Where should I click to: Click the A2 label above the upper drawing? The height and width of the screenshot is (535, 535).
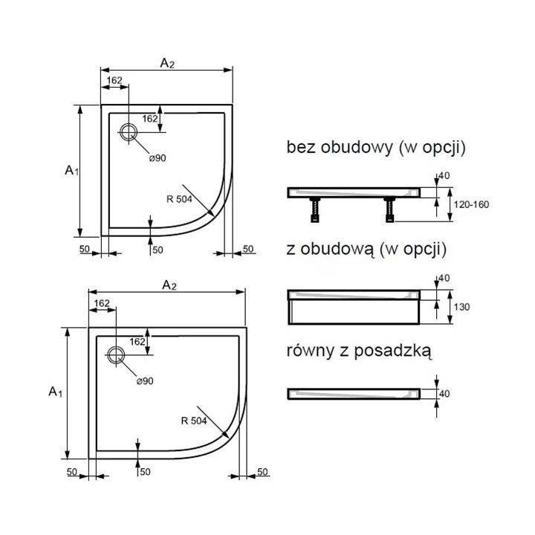click(x=167, y=64)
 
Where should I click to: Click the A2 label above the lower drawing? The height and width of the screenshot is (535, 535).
click(x=169, y=285)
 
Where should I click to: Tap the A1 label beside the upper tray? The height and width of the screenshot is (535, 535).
click(x=71, y=170)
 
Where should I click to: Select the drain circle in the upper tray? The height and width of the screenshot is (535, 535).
click(x=128, y=132)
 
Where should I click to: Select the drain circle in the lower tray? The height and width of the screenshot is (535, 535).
click(x=116, y=354)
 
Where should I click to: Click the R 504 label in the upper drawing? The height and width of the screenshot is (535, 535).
click(x=179, y=198)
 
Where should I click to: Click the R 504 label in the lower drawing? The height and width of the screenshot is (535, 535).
click(x=192, y=421)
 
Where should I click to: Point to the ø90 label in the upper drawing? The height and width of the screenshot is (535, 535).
click(x=156, y=158)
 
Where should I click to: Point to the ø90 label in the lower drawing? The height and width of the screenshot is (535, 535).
click(x=144, y=380)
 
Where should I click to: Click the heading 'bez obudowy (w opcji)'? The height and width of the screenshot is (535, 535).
click(x=376, y=147)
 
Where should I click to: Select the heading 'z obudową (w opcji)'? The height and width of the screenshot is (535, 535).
click(x=365, y=249)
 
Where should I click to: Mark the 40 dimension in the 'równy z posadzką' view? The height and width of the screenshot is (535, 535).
click(x=445, y=394)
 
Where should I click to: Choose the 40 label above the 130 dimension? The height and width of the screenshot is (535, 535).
click(x=444, y=279)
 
